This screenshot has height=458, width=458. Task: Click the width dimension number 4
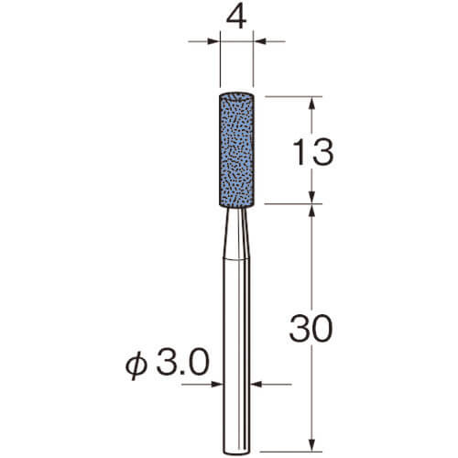coord(236,18)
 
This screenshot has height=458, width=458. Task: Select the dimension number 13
coord(312,152)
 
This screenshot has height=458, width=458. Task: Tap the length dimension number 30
coord(311,328)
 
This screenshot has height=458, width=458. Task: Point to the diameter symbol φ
coord(136,365)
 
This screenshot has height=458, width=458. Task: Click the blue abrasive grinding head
coord(236,149)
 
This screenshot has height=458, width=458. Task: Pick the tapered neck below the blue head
coord(236,234)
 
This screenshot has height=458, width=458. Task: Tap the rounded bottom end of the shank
coord(236,451)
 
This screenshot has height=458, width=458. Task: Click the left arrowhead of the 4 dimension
coord(213,41)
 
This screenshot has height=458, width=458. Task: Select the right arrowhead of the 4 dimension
coord(259,41)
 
